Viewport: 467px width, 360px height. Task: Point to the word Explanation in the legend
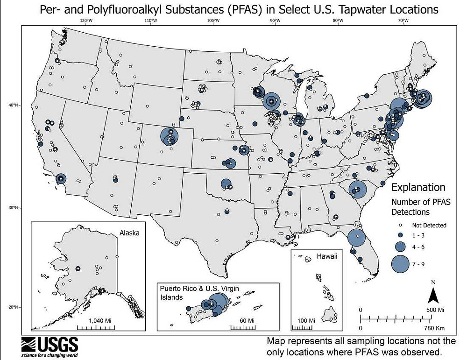418,188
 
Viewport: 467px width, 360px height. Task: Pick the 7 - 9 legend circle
401,264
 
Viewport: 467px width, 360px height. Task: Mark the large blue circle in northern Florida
357,237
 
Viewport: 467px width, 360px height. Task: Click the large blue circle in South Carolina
357,190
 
